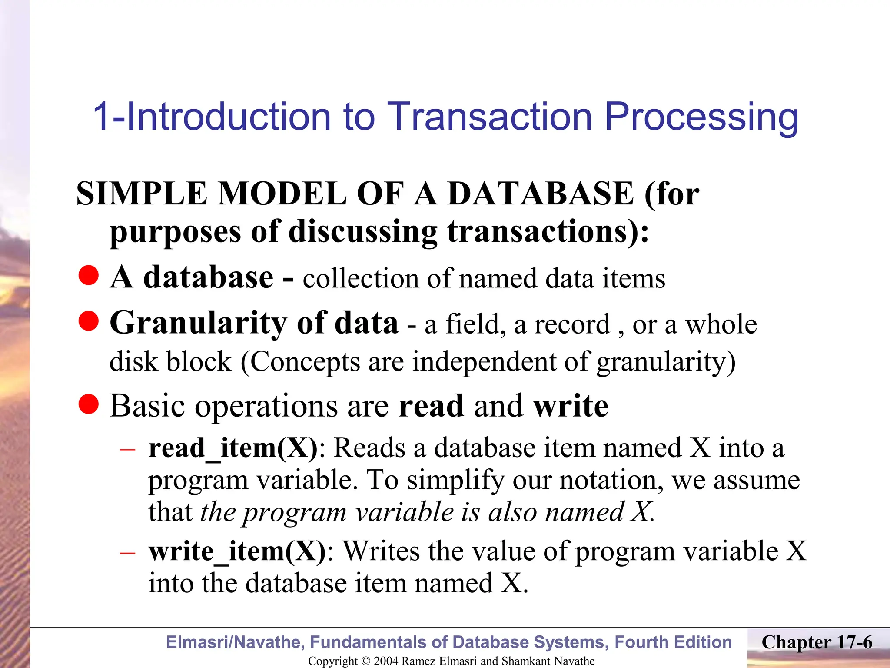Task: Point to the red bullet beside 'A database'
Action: coord(89,276)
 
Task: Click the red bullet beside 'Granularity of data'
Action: coord(89,321)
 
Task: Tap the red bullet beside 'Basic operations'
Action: coord(89,404)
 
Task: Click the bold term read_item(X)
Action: coord(233,448)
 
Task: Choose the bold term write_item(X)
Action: coord(237,551)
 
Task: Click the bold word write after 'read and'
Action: coord(571,406)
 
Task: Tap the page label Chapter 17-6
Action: coord(817,642)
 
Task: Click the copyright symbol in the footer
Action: coord(366,661)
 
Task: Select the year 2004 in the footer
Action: coord(386,661)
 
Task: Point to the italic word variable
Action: coord(405,512)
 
